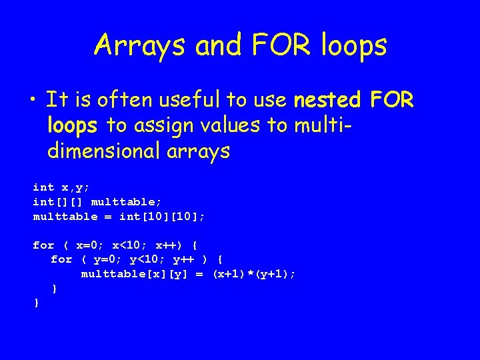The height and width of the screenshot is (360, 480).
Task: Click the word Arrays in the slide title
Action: pyautogui.click(x=140, y=45)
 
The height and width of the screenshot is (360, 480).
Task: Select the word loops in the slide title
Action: pyautogui.click(x=352, y=45)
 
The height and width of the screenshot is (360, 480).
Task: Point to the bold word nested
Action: pyautogui.click(x=327, y=101)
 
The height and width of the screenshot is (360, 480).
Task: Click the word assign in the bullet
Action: pyautogui.click(x=159, y=125)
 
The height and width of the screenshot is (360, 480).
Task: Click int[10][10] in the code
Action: pyautogui.click(x=161, y=217)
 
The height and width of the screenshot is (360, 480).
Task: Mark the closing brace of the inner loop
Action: pyautogui.click(x=54, y=288)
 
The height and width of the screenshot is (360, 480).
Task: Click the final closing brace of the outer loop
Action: pyautogui.click(x=36, y=303)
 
